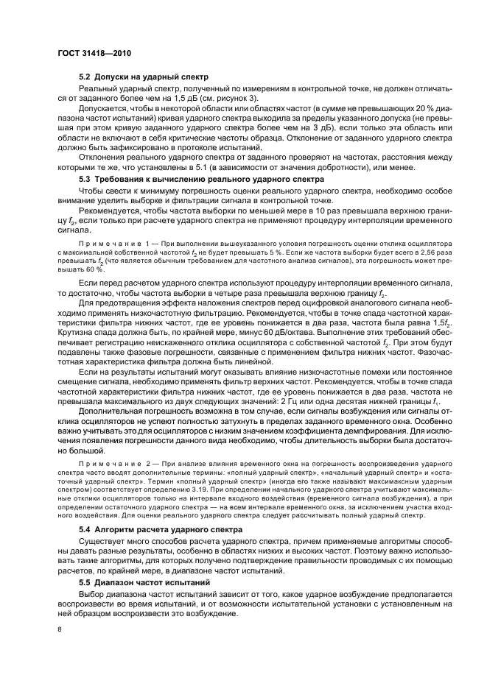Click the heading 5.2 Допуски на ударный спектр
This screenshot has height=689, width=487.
coord(144,77)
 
